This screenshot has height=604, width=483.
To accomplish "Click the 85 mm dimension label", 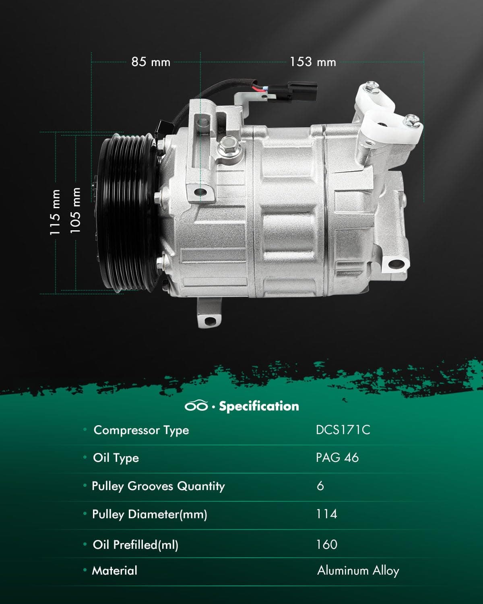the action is (151, 62).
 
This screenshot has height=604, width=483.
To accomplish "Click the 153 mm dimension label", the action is (313, 62).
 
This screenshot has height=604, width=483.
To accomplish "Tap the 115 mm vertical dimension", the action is (55, 212).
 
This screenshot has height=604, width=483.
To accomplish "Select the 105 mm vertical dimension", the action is (75, 210).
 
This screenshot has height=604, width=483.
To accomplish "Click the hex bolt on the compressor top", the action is (229, 145).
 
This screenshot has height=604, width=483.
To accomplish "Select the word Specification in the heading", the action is (259, 406).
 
